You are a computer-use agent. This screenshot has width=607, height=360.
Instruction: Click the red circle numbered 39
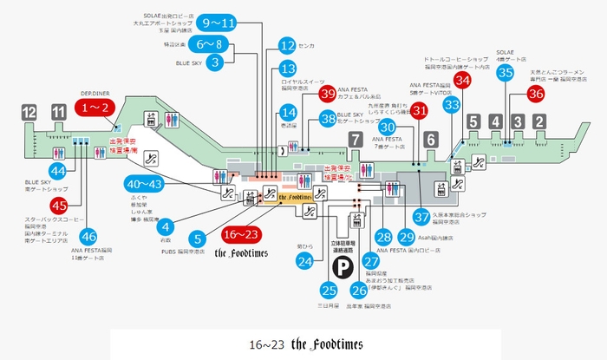328,94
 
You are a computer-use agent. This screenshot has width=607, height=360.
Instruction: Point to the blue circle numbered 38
328,119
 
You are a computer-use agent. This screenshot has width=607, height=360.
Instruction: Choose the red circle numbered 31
420,110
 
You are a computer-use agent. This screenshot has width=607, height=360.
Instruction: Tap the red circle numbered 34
463,80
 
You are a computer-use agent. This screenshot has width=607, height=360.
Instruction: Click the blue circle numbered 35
506,73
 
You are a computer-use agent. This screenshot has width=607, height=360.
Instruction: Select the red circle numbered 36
536,93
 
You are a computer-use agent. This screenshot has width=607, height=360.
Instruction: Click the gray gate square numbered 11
58,112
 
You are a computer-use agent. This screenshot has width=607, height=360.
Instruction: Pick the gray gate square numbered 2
538,121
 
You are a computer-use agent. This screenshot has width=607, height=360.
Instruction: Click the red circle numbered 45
58,206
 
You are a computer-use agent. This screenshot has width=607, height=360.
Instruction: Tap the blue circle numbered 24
304,260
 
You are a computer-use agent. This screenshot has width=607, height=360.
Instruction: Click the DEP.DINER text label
94,91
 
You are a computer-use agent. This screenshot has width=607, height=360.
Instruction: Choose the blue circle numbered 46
88,235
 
